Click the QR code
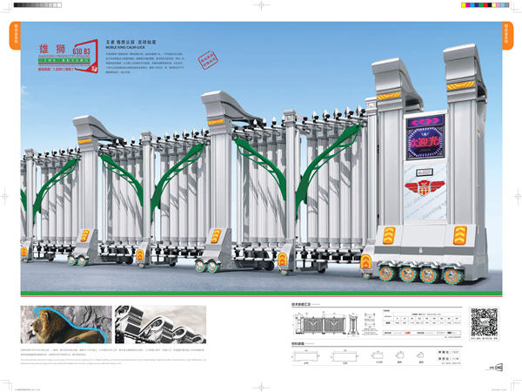pos(484,321)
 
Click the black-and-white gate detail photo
pos(161,324)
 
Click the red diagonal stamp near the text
pos(208,62)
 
